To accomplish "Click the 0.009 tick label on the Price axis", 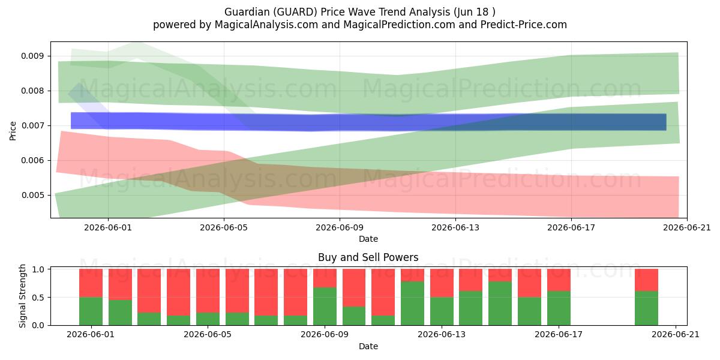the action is (32, 56).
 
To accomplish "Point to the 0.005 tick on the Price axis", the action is (32, 195).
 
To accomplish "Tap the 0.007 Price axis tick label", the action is (32, 125).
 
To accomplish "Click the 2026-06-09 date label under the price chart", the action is (340, 227).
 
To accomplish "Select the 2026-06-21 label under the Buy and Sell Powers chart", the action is (676, 334).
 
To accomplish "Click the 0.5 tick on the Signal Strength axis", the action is (38, 298).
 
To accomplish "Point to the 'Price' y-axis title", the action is (13, 131).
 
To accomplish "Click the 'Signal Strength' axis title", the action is (22, 296).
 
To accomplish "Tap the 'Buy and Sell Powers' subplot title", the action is (368, 257).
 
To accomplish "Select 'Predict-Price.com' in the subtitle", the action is (523, 25).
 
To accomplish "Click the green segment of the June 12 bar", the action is (412, 304).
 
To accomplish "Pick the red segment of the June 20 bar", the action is (646, 280).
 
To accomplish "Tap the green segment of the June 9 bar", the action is (325, 307).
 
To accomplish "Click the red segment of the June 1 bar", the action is (91, 283).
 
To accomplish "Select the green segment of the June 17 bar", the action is (559, 308).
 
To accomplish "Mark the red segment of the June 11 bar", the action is (383, 292).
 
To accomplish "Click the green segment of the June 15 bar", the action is (500, 304).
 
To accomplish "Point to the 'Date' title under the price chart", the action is (368, 239).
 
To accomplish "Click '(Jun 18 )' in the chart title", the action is (475, 12).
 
